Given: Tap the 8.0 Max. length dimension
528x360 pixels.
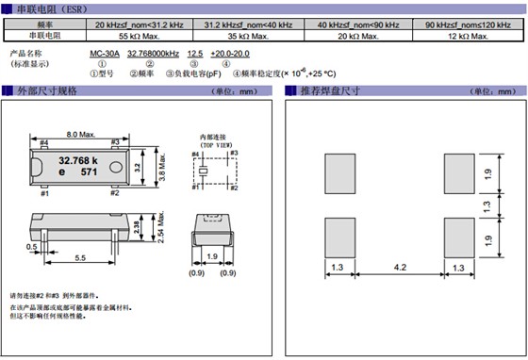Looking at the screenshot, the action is click(x=78, y=134).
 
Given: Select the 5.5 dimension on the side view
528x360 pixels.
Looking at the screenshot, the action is click(x=82, y=257).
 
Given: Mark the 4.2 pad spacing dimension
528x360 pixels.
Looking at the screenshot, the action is click(x=399, y=268).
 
